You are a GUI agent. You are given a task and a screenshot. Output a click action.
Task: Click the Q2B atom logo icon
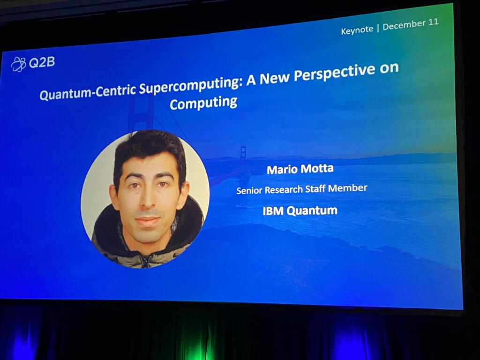[19, 64]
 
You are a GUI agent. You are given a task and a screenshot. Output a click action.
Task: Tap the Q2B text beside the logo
[42, 62]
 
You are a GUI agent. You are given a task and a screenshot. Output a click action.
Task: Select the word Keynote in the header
[357, 30]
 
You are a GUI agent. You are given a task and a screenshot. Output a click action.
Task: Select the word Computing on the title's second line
[203, 103]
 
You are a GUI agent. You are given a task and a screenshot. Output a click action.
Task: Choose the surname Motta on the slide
[317, 168]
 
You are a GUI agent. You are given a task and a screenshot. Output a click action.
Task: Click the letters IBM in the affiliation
[273, 211]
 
